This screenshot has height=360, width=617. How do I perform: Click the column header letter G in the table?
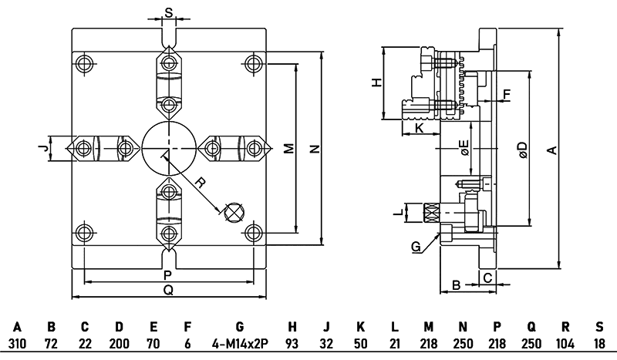point(239,327)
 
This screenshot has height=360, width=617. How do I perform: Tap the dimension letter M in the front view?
point(288,147)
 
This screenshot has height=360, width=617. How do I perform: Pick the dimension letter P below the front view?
point(167,275)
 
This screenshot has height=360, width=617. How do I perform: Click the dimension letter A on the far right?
point(551,150)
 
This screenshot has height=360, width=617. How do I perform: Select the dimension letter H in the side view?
point(376,83)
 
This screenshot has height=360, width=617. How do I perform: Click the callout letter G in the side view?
point(416,247)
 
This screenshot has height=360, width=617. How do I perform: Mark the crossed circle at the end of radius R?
point(234,211)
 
